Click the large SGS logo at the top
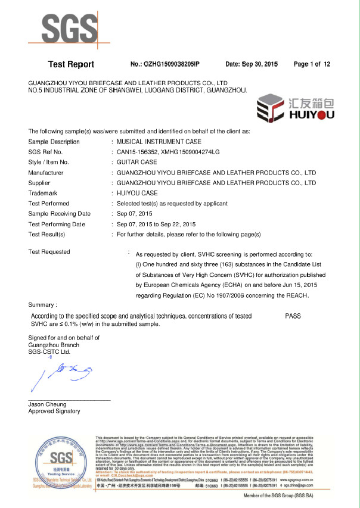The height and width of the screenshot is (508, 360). pyautogui.click(x=70, y=29)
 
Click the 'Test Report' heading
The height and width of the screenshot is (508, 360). pyautogui.click(x=70, y=64)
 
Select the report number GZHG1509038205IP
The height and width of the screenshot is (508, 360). pyautogui.click(x=165, y=64)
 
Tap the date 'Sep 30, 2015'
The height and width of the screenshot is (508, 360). pyautogui.click(x=252, y=64)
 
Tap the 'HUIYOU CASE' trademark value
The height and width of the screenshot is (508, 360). pyautogui.click(x=137, y=193)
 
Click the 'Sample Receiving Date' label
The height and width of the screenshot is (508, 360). pyautogui.click(x=60, y=214)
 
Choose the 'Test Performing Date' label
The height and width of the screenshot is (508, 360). pyautogui.click(x=57, y=224)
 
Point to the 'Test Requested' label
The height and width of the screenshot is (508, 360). pyautogui.click(x=49, y=251)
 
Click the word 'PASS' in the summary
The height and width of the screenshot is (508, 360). pyautogui.click(x=293, y=316)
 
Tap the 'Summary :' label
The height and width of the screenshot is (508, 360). pyautogui.click(x=43, y=304)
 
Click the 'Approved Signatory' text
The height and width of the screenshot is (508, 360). pyautogui.click(x=54, y=412)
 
